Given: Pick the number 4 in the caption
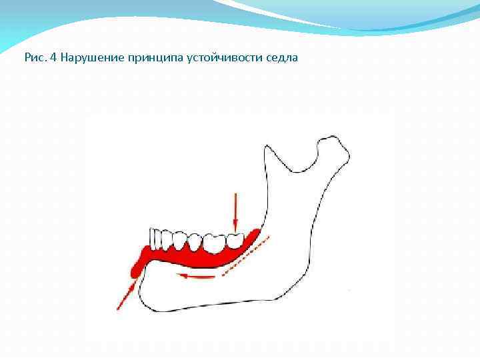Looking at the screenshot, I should tap(53, 57).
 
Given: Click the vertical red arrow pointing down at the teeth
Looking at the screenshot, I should tap(234, 211).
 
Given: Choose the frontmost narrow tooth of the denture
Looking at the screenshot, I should tap(155, 239).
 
